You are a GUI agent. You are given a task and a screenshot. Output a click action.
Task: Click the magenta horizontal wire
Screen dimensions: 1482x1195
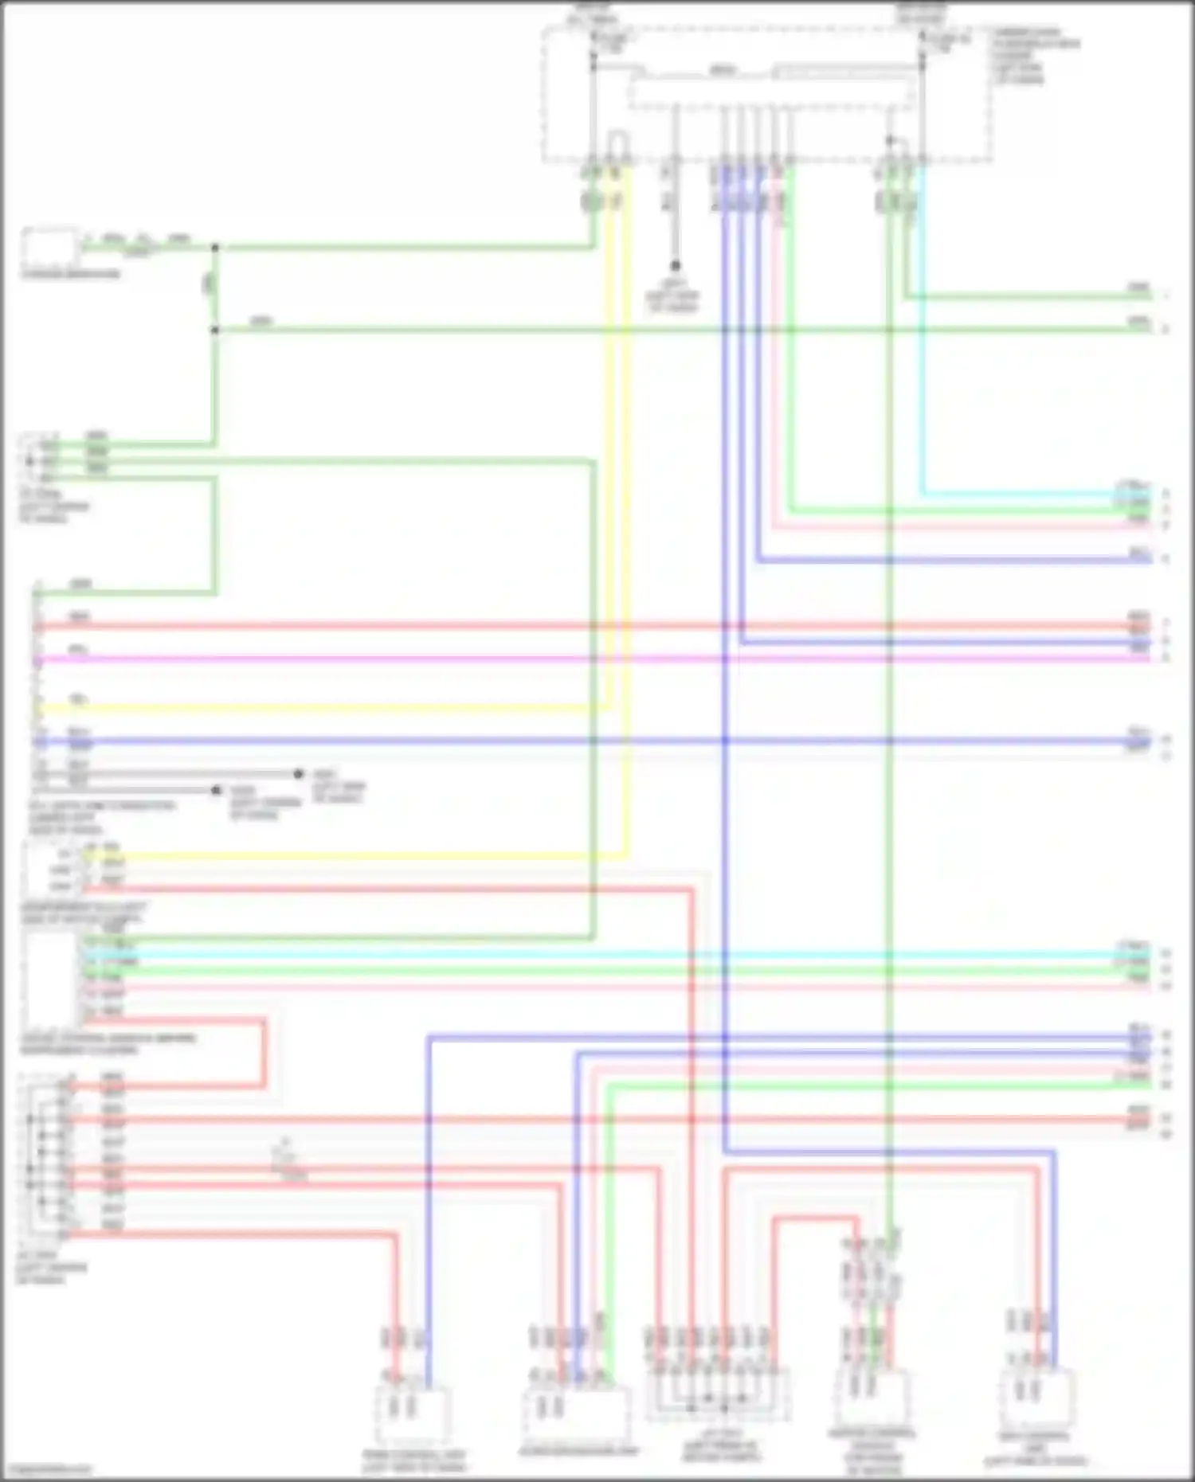coord(558,659)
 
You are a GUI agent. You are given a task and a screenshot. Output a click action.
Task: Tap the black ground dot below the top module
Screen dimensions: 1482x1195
coord(675,265)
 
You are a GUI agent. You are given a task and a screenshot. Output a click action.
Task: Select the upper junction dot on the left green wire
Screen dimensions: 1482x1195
coord(214,248)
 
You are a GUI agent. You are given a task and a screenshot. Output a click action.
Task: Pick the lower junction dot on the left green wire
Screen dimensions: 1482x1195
coord(214,330)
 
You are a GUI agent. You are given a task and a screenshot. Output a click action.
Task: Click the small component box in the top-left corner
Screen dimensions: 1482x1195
coord(50,248)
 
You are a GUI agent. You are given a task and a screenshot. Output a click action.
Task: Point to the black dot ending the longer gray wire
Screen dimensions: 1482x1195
coord(299,773)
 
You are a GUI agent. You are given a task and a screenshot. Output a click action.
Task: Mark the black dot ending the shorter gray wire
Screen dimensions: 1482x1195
coord(216,790)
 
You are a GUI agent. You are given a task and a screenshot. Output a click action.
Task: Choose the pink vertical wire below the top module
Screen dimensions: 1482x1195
coord(774,358)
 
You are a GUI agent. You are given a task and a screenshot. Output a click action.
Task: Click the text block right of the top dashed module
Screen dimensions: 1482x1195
coord(1034,56)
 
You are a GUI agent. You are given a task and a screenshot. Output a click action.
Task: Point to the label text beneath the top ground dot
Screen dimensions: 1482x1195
coord(673,295)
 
